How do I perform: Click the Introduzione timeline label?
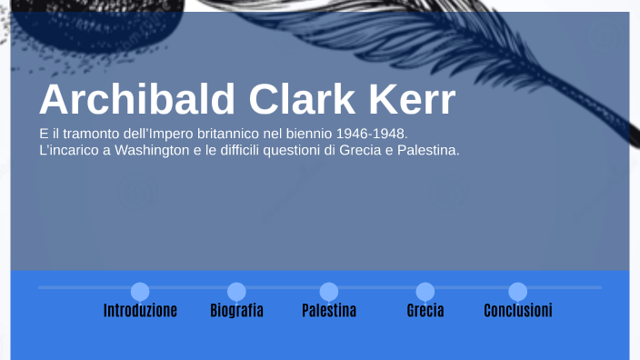point(140,311)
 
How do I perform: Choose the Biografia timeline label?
point(236,311)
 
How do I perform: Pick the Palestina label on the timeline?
point(329,311)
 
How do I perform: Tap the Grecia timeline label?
point(425,311)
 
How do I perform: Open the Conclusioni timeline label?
point(517,311)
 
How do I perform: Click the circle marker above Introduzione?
point(140,292)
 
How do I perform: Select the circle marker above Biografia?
point(236,292)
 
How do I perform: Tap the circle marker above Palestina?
point(329,292)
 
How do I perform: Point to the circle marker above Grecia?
point(425,292)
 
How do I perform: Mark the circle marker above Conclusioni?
point(517,292)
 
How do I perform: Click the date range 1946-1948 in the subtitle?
point(373,134)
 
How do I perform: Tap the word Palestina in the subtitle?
point(427,150)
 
